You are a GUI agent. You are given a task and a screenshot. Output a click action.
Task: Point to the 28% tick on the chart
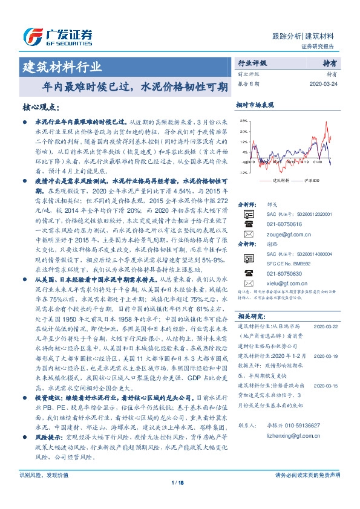tap(243, 120)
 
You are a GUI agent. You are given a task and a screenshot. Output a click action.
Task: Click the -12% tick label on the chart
tap(243, 172)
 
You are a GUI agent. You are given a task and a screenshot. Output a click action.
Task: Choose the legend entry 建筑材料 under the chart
tap(282, 181)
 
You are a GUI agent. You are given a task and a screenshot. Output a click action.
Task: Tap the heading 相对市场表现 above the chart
tap(255, 105)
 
